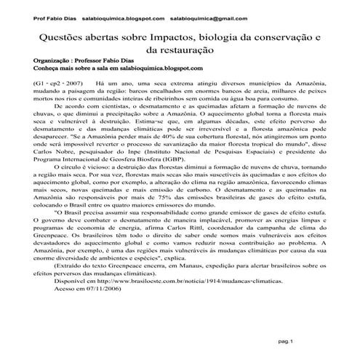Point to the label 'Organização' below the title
click(53, 62)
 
